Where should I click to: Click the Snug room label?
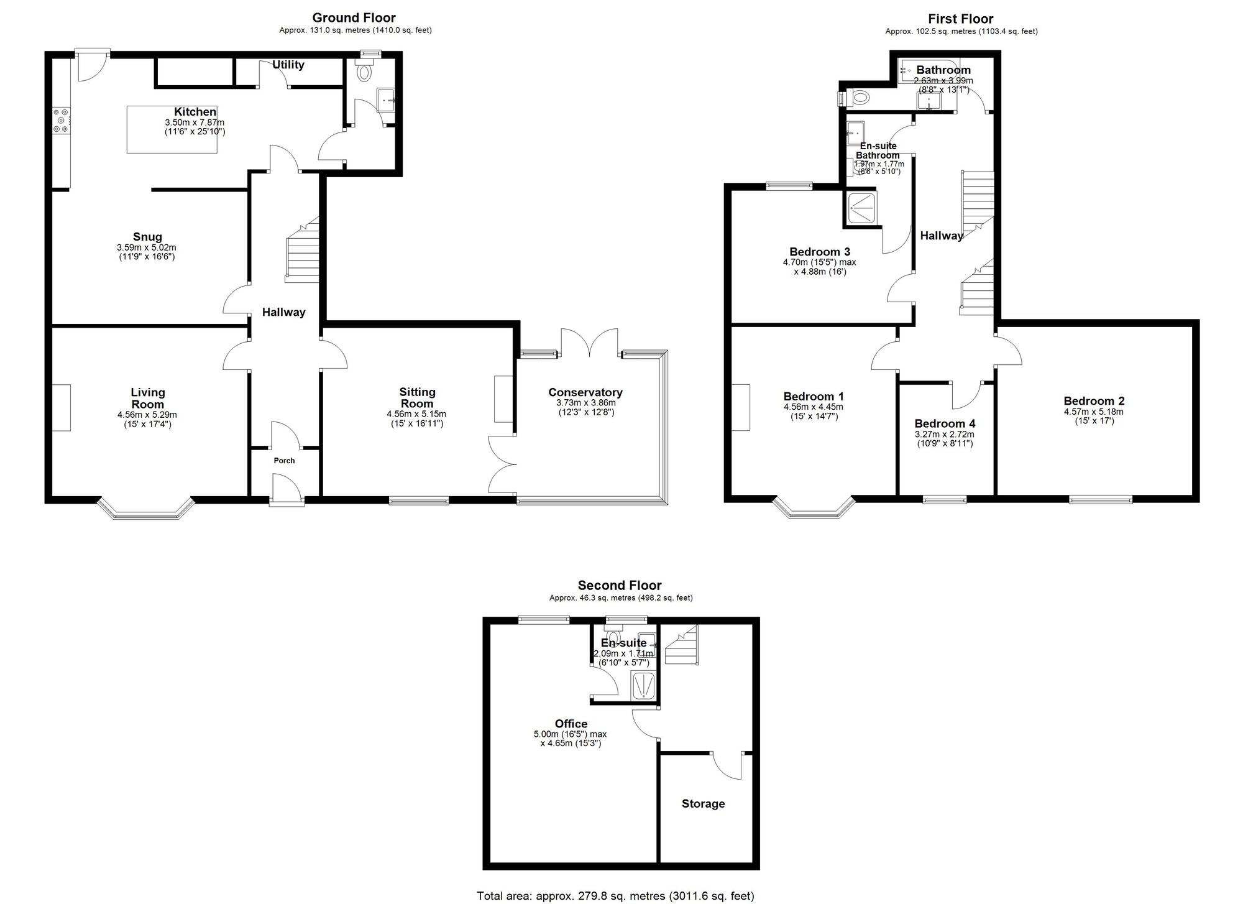coord(147,237)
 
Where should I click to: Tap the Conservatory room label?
coord(585,392)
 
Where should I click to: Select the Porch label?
coord(284,461)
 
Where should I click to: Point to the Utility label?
coord(288,65)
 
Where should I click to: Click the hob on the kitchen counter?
coord(62,121)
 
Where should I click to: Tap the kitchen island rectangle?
coord(172,129)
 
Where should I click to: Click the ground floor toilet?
coord(364,72)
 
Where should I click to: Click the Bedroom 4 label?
coord(945,424)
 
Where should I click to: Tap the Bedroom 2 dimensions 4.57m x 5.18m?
coord(1094,412)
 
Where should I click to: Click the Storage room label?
coord(703,804)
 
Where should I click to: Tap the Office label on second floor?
coord(571,724)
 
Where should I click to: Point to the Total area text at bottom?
coord(615,896)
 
